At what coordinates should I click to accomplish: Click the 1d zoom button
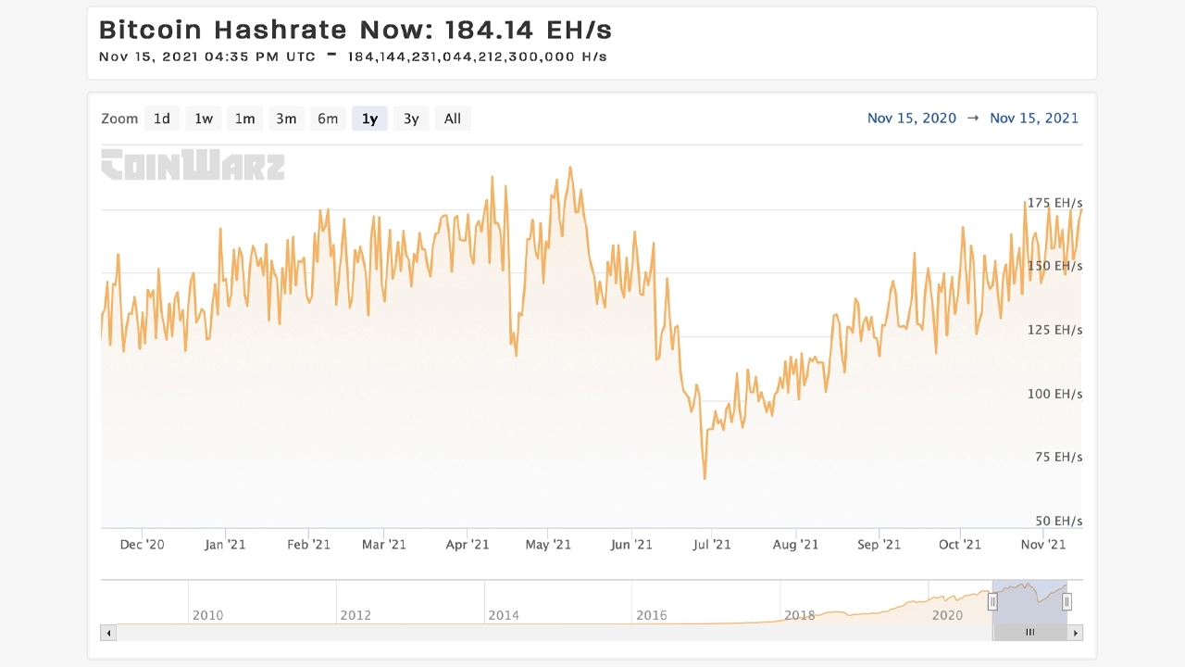pyautogui.click(x=162, y=119)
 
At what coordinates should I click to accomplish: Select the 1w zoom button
pyautogui.click(x=204, y=119)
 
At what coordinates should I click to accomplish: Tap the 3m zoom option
pyautogui.click(x=286, y=119)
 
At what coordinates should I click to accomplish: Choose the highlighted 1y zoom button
pyautogui.click(x=369, y=119)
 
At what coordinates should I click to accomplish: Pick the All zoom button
pyautogui.click(x=453, y=119)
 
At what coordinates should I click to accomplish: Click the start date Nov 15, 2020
pyautogui.click(x=912, y=118)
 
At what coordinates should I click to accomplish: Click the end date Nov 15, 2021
pyautogui.click(x=1034, y=118)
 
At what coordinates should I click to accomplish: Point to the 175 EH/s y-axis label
pyautogui.click(x=1054, y=203)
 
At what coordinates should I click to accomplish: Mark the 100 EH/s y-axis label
pyautogui.click(x=1054, y=394)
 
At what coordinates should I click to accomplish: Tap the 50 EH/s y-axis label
pyautogui.click(x=1058, y=521)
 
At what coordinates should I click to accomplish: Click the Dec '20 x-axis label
pyautogui.click(x=143, y=545)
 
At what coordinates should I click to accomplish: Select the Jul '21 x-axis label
pyautogui.click(x=712, y=545)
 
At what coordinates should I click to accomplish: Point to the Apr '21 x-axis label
pyautogui.click(x=468, y=545)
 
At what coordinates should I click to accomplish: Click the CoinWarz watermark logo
pyautogui.click(x=193, y=165)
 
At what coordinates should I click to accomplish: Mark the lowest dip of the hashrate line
pyautogui.click(x=705, y=479)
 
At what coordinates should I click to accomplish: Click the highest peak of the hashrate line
pyautogui.click(x=570, y=168)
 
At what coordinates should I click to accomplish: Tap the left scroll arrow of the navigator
pyautogui.click(x=108, y=633)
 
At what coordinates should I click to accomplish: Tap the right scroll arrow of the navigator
pyautogui.click(x=1075, y=633)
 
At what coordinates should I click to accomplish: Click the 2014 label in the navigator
pyautogui.click(x=504, y=615)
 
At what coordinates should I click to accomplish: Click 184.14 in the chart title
pyautogui.click(x=489, y=30)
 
